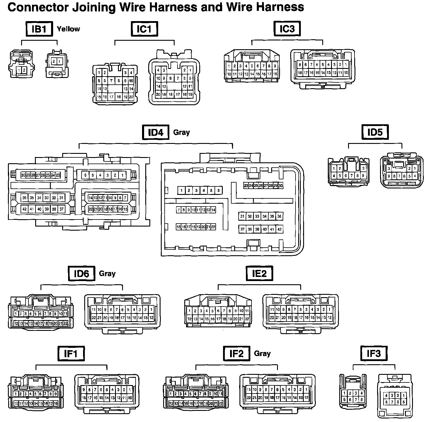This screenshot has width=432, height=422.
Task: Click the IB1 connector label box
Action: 39,29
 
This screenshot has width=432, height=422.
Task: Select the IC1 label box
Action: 144,29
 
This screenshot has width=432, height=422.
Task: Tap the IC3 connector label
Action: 287,29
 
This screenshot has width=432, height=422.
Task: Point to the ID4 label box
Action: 155,132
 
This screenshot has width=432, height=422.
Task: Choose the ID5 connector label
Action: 375,132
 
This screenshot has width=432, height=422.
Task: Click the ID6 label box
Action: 81,274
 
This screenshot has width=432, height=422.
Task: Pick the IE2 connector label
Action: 259,274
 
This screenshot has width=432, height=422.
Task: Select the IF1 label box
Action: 70,354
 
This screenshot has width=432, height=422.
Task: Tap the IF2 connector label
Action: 237,354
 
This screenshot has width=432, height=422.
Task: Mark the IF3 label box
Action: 374,354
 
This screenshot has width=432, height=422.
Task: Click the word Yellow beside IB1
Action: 68,29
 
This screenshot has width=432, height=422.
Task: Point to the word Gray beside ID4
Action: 181,132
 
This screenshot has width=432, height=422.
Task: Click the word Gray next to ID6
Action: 107,274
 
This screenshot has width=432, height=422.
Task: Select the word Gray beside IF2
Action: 262,354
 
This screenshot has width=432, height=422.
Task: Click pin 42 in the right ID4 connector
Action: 279,229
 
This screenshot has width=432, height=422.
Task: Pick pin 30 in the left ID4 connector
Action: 23,175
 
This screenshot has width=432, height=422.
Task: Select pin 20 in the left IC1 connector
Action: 131,97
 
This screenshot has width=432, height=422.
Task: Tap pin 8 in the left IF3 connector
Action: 362,399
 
